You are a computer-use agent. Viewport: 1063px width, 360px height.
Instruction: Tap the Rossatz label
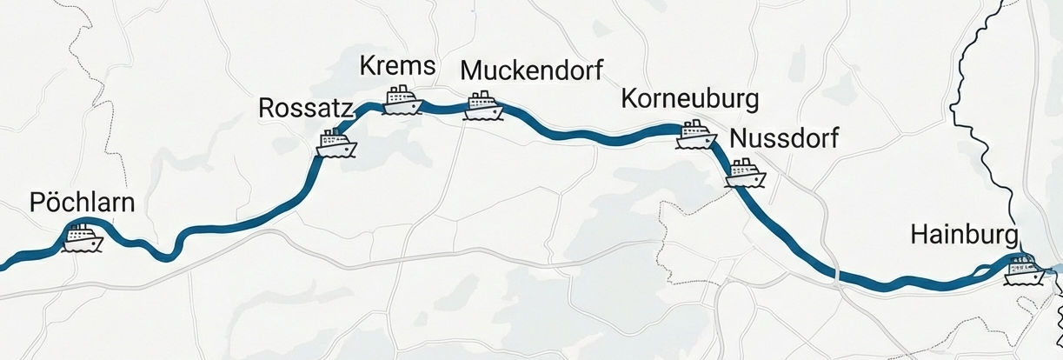click(305, 109)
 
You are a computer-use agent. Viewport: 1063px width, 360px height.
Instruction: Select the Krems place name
click(396, 66)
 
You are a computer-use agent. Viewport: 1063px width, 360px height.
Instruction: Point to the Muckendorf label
click(531, 69)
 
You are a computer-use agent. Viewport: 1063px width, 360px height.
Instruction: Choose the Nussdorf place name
click(785, 137)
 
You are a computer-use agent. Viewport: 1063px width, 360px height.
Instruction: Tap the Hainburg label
click(964, 235)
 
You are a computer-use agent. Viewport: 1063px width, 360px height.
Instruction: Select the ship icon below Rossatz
click(336, 143)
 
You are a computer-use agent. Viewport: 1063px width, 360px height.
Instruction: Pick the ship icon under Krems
click(402, 100)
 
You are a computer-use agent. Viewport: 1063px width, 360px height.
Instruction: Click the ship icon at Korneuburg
click(697, 134)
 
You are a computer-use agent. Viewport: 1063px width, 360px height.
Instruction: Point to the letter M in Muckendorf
click(470, 69)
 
